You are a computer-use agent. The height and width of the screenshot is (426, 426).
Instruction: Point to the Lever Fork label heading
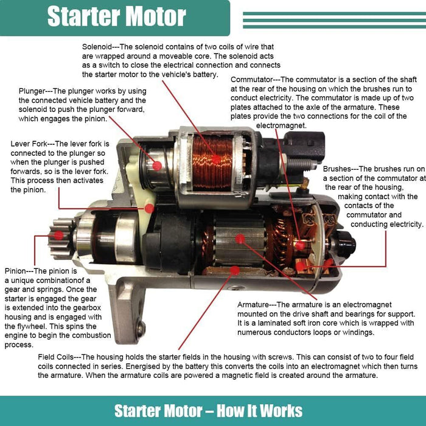[x=31, y=144]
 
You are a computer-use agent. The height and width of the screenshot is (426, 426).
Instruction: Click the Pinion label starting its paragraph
[x=16, y=271]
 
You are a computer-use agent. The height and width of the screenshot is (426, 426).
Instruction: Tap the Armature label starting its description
[x=256, y=304]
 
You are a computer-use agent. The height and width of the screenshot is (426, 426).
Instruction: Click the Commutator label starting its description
[x=253, y=79]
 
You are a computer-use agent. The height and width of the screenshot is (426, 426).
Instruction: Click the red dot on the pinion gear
[x=58, y=235]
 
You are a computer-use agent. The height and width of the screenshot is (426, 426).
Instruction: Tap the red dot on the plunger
[x=156, y=165]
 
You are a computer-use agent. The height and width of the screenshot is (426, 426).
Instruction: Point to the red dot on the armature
[x=240, y=239]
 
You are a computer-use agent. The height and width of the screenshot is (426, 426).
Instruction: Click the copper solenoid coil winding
[x=212, y=161]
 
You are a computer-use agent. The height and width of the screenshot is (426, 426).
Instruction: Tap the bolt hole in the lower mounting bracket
[x=141, y=329]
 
